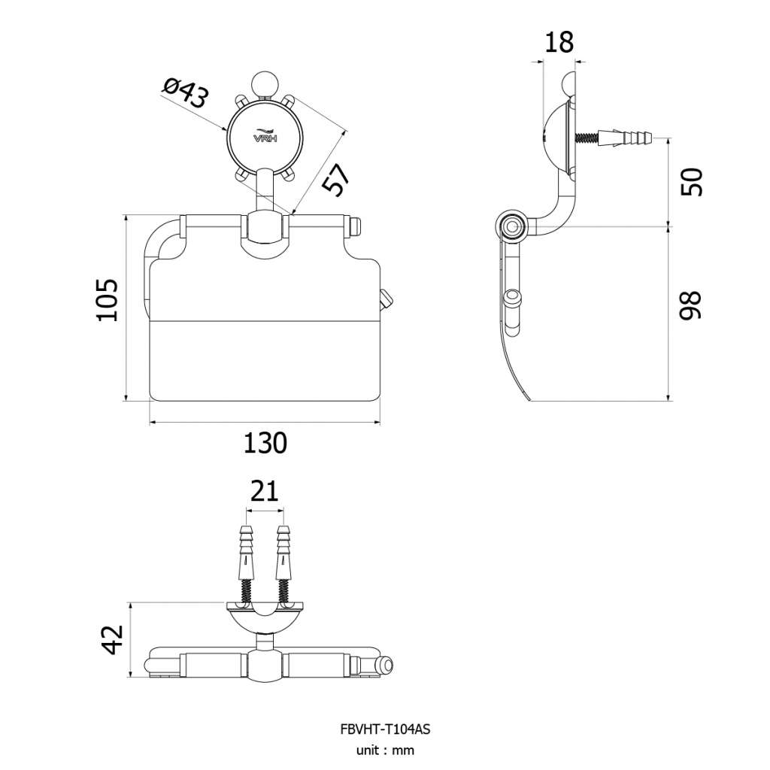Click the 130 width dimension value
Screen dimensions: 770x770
coord(265,443)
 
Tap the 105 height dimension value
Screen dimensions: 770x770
coord(107,300)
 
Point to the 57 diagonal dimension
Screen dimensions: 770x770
coord(336,180)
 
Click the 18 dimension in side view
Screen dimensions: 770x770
coord(559,42)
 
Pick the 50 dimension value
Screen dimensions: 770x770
coord(692,182)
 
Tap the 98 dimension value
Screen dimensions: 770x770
coord(691,305)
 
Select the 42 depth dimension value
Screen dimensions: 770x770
coord(114,639)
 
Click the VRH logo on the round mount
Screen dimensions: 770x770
coord(265,136)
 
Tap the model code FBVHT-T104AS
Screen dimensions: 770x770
coord(385,729)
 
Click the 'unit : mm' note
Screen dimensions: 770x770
coord(385,750)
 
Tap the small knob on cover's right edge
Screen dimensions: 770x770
coord(386,300)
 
